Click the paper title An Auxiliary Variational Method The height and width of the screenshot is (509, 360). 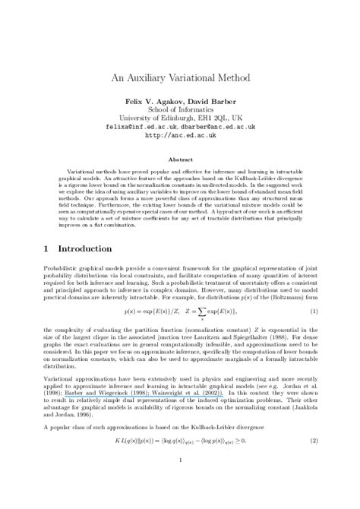pos(180,77)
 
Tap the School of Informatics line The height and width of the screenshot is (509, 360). pos(180,109)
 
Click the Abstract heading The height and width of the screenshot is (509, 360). pos(180,160)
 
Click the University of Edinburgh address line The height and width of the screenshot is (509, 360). pos(180,119)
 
